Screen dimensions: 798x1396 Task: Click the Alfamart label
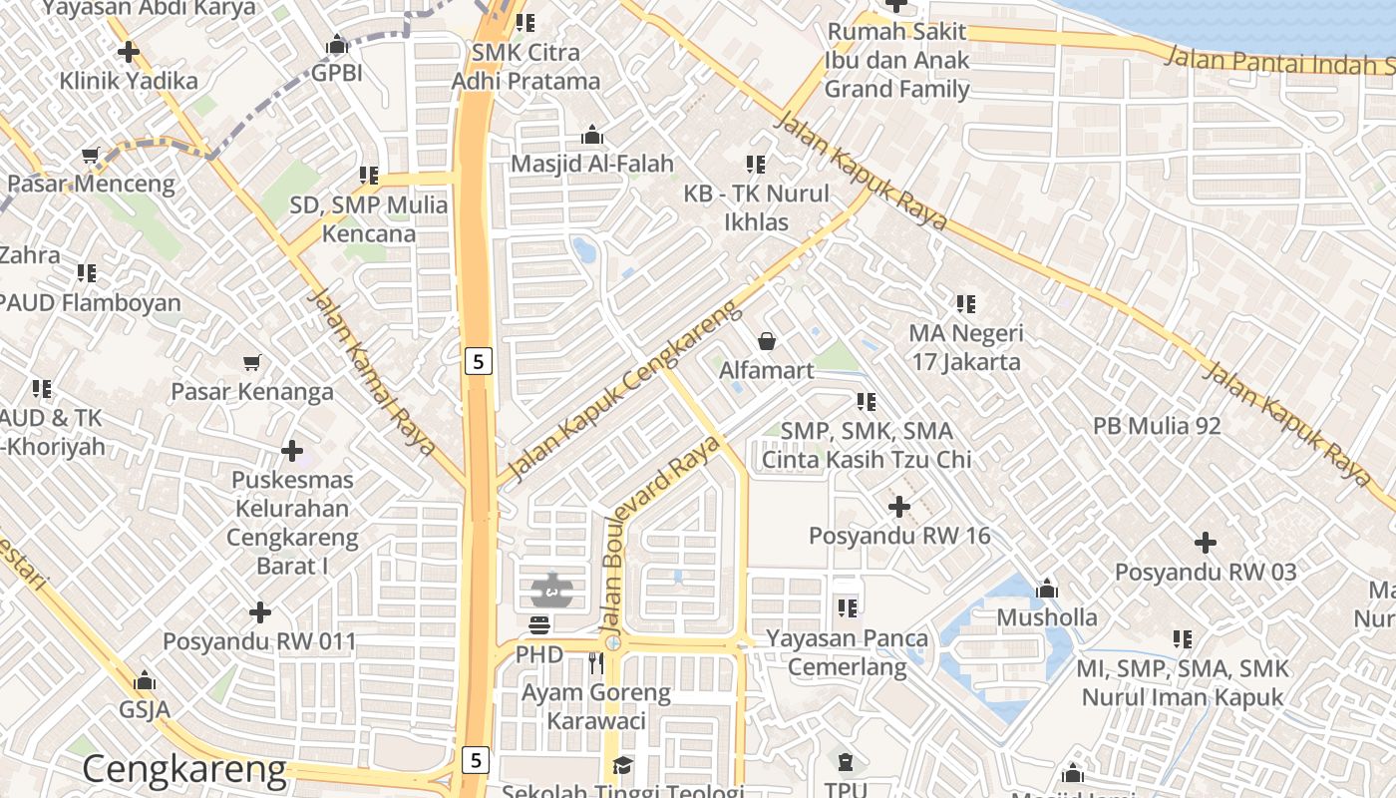[767, 370]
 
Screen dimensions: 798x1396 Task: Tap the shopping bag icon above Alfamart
[767, 342]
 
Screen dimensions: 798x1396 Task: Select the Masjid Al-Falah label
[592, 164]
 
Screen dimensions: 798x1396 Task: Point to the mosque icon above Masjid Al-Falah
[592, 135]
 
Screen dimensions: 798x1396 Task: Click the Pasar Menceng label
[91, 184]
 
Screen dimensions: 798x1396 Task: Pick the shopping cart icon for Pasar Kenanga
[252, 363]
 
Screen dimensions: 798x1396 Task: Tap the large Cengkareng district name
[184, 770]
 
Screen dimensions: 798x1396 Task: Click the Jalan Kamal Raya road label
[370, 371]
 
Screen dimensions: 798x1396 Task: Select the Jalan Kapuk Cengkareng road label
[623, 388]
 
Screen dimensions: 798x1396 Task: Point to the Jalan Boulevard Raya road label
[661, 539]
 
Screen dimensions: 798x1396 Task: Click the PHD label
[539, 655]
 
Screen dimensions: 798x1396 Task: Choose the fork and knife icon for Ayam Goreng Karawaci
[596, 662]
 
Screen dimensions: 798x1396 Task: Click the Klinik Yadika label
[129, 80]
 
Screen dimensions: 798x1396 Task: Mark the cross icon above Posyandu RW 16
[899, 507]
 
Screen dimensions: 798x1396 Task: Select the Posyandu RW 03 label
[1206, 573]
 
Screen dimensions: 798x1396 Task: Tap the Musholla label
[1047, 617]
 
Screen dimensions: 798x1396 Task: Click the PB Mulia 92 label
[1157, 426]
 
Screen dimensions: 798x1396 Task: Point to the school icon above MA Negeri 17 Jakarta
[965, 303]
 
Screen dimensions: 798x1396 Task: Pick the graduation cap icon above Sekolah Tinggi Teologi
[622, 765]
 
